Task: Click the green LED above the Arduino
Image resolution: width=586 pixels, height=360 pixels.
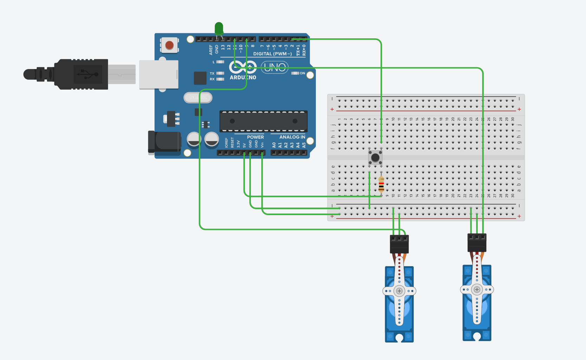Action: tap(219, 28)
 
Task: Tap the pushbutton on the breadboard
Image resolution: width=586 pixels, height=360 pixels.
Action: tap(375, 157)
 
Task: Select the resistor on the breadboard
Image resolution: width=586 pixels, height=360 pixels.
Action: tap(381, 184)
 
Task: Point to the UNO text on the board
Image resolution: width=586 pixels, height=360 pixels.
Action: tap(275, 67)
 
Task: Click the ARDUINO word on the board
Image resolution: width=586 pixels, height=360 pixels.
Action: tap(243, 77)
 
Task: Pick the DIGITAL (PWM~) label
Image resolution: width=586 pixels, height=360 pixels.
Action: tap(272, 54)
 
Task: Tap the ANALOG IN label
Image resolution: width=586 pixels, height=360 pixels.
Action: tap(292, 137)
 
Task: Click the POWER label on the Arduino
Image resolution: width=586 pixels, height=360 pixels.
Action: tap(255, 137)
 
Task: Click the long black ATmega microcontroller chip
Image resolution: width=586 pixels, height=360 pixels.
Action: tap(263, 121)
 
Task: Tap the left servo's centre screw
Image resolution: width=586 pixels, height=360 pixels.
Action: tap(399, 291)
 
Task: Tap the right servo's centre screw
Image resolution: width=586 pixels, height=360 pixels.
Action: tap(477, 290)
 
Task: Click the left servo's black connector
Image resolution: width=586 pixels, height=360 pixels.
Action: tap(399, 244)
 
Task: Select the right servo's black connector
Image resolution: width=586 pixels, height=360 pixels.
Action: tap(477, 243)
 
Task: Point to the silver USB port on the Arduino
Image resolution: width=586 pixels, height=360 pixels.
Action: tap(159, 75)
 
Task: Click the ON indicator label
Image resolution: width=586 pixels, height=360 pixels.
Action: tap(302, 73)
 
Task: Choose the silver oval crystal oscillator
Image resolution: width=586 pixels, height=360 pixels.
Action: tap(198, 97)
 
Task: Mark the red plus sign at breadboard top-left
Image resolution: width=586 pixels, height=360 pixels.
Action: tap(332, 109)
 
